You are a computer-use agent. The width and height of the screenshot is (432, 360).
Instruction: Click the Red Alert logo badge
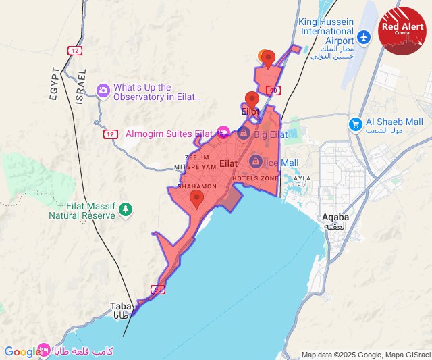click(x=403, y=30)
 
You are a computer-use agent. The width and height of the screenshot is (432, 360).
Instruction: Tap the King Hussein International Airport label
click(x=326, y=31)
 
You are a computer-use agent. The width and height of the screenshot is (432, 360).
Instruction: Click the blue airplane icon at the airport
click(x=365, y=36)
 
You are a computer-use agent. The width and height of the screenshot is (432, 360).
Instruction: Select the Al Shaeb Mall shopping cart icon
click(x=355, y=124)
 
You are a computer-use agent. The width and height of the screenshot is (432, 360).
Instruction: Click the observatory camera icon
click(x=103, y=89)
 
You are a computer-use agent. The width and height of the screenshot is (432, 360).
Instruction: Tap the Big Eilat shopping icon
click(x=244, y=133)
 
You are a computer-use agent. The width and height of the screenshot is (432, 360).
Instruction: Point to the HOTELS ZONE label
click(x=256, y=178)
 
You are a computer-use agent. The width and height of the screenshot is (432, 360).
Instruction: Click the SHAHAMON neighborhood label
click(x=196, y=186)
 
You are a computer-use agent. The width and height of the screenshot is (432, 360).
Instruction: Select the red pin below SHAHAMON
click(x=197, y=199)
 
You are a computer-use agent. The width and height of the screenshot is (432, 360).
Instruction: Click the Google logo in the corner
click(x=22, y=351)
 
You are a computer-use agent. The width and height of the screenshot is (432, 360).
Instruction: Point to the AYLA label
click(x=302, y=180)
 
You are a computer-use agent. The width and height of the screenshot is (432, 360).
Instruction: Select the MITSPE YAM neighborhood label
click(x=195, y=166)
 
